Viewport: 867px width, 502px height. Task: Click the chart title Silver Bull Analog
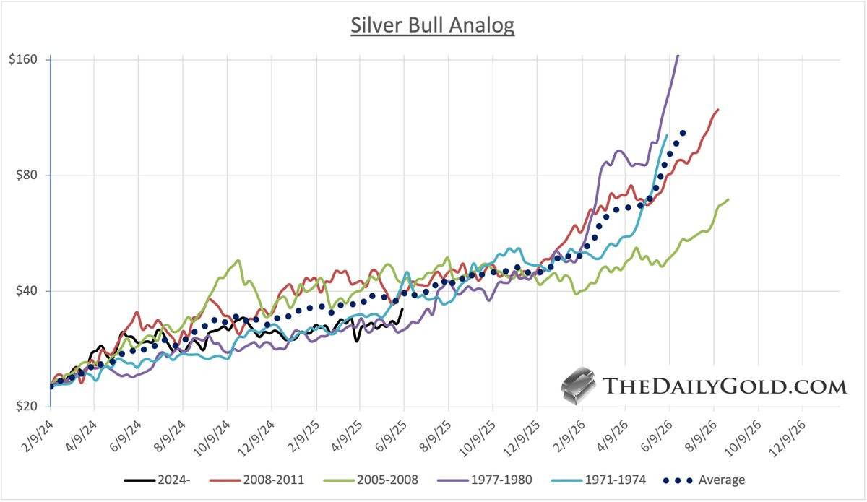click(433, 25)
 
